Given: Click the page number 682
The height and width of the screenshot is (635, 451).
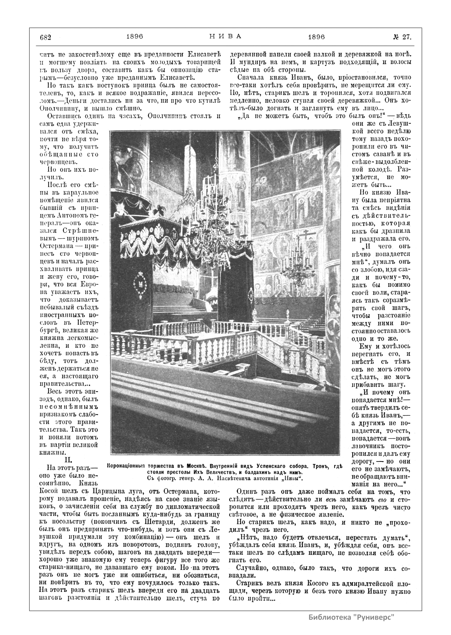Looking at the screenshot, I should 45,37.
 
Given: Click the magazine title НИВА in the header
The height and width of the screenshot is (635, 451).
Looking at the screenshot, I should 225,37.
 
